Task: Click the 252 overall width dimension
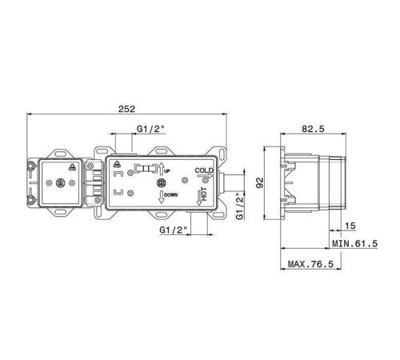click(x=127, y=109)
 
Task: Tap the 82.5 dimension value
click(x=313, y=129)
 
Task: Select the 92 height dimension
click(x=260, y=182)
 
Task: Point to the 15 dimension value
click(x=350, y=226)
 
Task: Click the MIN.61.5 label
click(x=354, y=243)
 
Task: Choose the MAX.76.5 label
click(x=310, y=264)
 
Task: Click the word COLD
click(x=204, y=170)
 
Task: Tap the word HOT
click(x=204, y=194)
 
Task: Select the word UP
click(x=167, y=171)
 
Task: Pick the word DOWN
click(x=170, y=195)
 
